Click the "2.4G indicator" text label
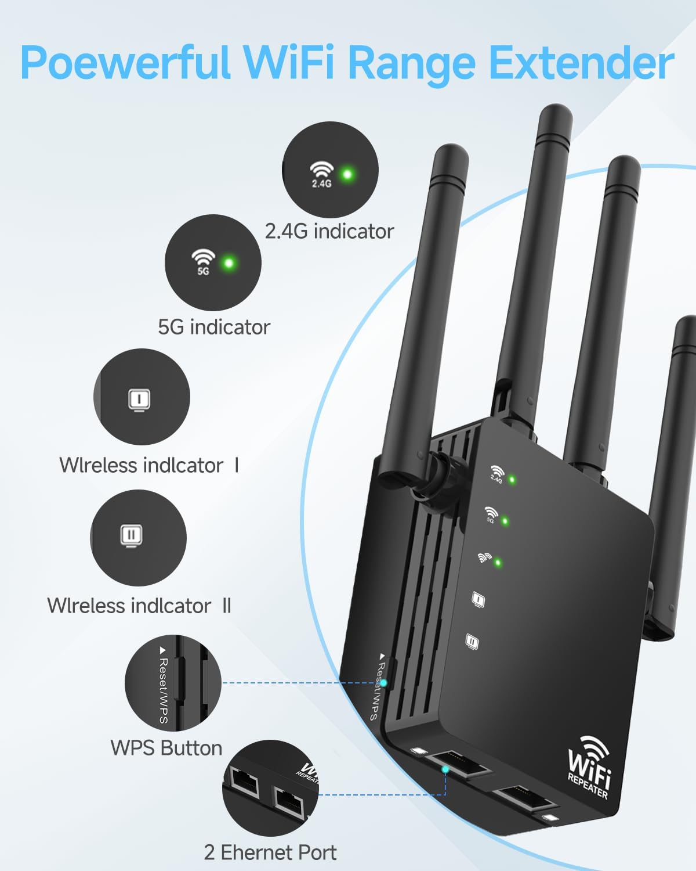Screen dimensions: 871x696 point(329,232)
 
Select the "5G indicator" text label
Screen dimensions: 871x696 point(214,327)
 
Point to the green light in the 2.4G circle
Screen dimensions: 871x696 point(347,174)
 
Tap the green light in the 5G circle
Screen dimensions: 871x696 point(229,263)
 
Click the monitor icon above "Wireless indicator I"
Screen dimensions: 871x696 point(140,399)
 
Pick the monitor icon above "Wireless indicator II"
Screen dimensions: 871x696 point(132,535)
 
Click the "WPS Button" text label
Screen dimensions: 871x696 point(166,748)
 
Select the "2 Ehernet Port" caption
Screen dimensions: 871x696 point(270,852)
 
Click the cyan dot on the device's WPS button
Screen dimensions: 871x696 point(383,683)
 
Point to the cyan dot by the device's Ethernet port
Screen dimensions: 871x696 point(445,769)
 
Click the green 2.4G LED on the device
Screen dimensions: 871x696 point(512,480)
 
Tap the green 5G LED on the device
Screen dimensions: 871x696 point(505,521)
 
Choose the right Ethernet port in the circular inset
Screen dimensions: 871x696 point(289,802)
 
